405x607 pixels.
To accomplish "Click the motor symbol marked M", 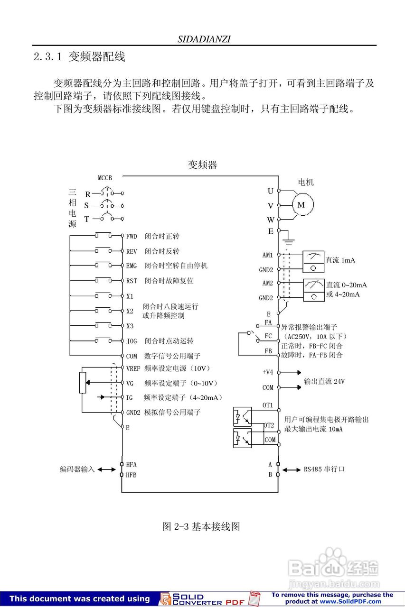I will click(301, 205).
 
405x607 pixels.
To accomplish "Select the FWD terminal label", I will click(132, 236).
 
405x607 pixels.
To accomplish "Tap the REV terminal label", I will click(132, 251).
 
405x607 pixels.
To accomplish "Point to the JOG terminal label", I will click(132, 341).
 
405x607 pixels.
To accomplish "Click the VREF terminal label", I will click(133, 368).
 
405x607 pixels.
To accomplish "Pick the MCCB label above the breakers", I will click(105, 178).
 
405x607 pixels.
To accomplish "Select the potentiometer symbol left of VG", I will click(83, 383).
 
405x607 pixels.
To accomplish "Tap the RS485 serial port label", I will click(324, 469).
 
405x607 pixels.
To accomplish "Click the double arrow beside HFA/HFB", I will click(106, 469).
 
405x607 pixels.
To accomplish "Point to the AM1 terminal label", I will click(268, 255).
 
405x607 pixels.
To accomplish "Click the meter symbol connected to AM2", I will click(313, 290).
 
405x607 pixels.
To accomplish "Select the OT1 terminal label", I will click(268, 405).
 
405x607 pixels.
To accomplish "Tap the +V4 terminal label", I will click(268, 372).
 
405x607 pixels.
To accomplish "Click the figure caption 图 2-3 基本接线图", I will click(201, 526).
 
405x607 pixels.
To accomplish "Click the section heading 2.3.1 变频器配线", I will click(79, 57).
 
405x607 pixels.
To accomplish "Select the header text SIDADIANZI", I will click(204, 39).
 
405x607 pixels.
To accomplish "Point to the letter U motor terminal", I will click(271, 191).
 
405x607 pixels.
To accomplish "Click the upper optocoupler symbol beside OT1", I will click(242, 417).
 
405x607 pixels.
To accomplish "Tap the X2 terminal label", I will click(130, 311).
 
